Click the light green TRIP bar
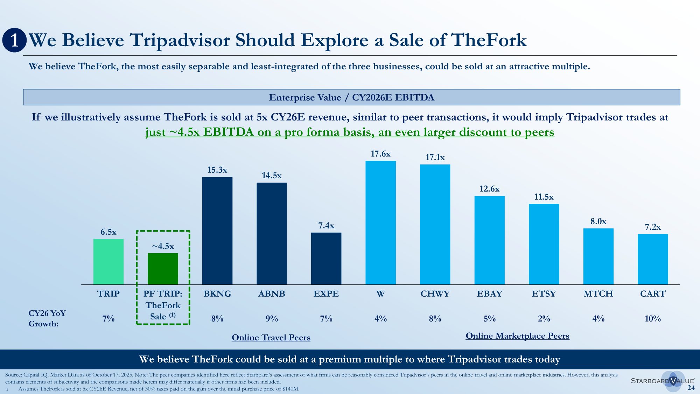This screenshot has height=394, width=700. [x=108, y=262]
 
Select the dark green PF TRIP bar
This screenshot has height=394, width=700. [x=163, y=269]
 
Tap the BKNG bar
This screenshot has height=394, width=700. [x=217, y=231]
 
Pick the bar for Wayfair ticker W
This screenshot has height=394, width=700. [x=380, y=223]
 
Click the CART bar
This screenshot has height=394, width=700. [x=653, y=259]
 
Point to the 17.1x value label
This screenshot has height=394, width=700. [x=435, y=158]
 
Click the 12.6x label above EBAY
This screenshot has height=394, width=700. [x=489, y=189]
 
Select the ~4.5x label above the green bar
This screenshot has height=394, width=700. [x=163, y=246]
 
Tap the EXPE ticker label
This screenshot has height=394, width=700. [x=326, y=294]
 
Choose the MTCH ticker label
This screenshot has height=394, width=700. [x=598, y=294]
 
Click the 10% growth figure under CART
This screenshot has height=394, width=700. [x=653, y=319]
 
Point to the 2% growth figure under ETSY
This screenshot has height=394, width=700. [x=544, y=319]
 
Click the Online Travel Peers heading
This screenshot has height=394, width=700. [x=271, y=338]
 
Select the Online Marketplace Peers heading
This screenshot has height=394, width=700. [x=517, y=336]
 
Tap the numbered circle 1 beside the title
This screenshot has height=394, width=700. [x=14, y=40]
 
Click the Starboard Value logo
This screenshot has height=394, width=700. [x=662, y=381]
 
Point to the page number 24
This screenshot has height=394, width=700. [x=691, y=388]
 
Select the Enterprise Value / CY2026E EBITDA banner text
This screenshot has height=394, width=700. [x=351, y=97]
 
